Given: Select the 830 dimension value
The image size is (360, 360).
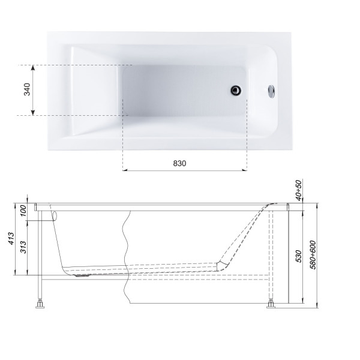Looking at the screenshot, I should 181,163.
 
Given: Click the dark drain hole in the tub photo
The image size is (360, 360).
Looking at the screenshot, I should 236,91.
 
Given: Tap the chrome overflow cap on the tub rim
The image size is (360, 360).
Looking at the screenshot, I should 272,91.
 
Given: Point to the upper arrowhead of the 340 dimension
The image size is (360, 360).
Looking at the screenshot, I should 33,67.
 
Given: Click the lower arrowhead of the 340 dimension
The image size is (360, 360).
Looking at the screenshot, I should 33,113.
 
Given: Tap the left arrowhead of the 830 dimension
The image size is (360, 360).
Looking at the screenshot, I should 126,170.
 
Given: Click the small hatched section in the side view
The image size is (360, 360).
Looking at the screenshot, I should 223,265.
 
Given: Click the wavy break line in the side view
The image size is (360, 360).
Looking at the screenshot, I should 127,258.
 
